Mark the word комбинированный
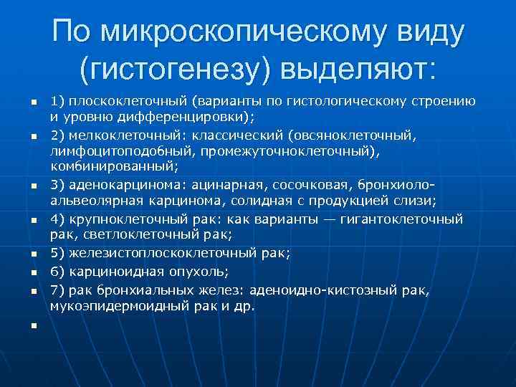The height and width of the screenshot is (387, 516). pyautogui.click(x=112, y=166)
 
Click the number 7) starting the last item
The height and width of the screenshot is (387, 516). pyautogui.click(x=57, y=290)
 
